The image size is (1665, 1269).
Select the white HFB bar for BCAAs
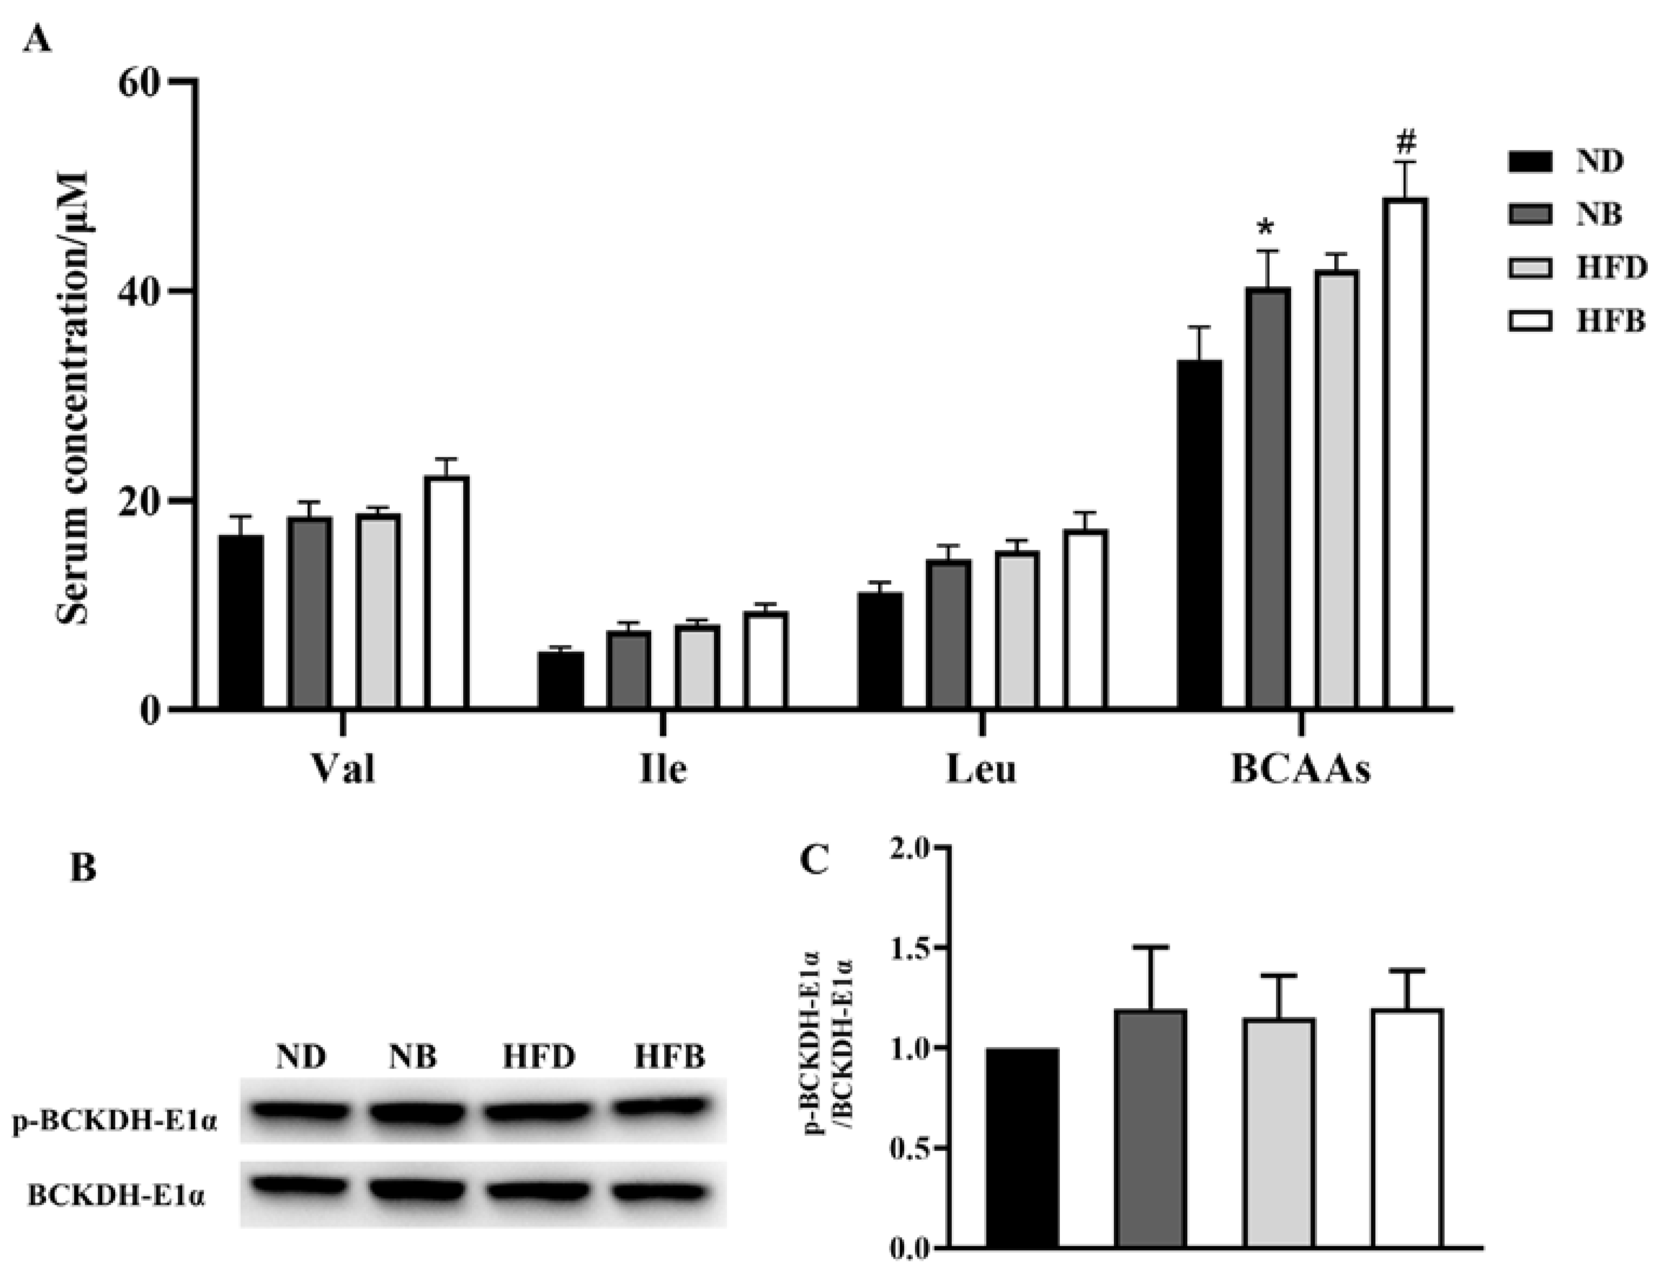(1405, 453)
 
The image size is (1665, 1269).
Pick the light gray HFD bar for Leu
(1017, 630)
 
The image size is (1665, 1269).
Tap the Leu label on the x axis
(981, 770)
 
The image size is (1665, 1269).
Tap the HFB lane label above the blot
(669, 1056)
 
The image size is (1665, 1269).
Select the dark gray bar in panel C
(1150, 1128)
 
